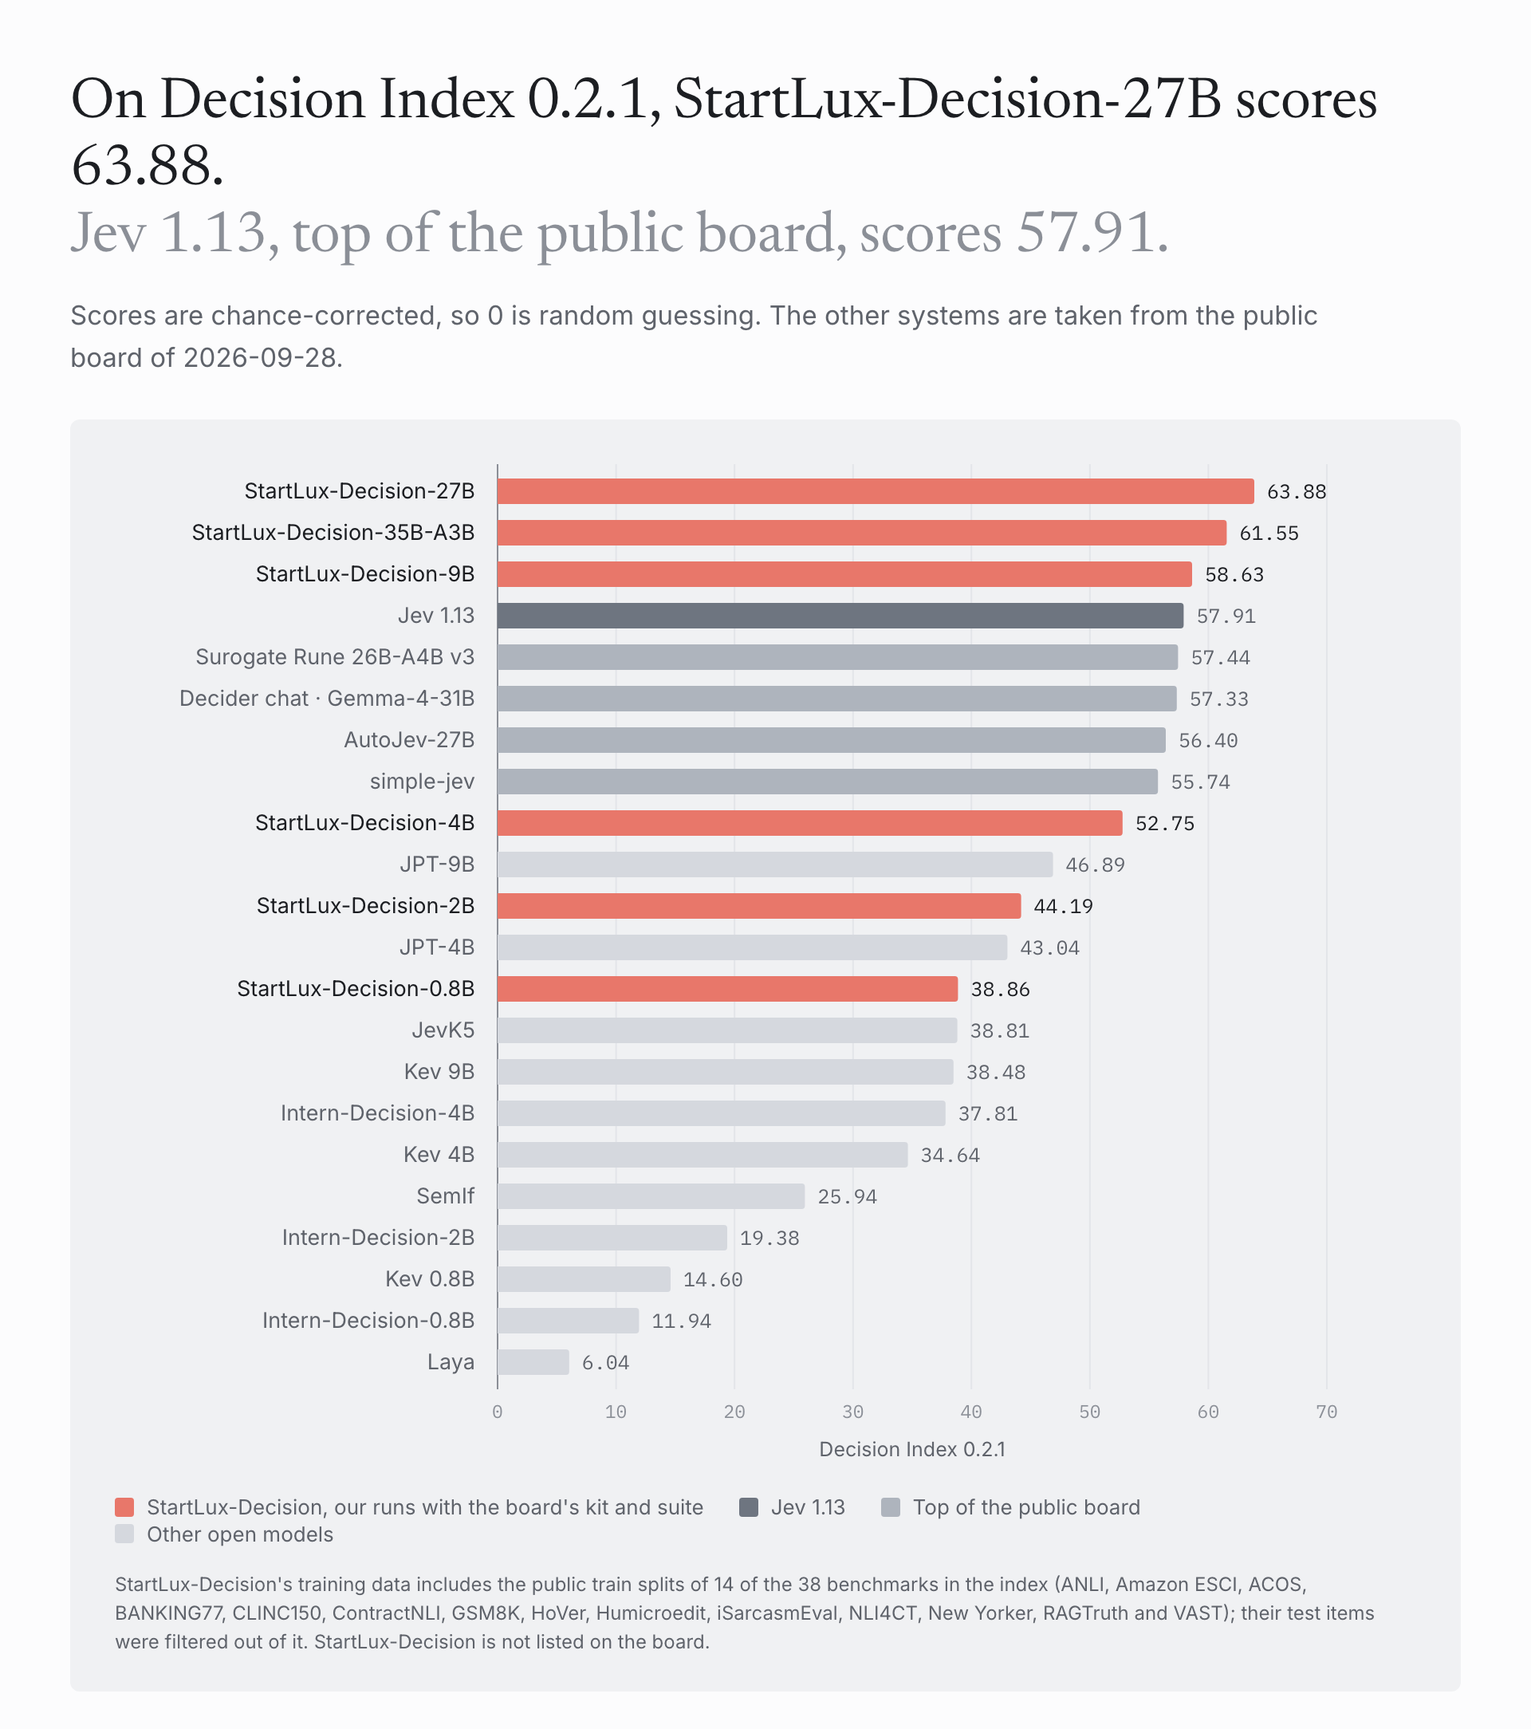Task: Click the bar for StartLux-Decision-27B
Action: (876, 491)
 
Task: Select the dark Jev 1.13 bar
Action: (840, 616)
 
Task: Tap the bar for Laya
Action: (533, 1362)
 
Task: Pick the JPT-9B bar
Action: (775, 864)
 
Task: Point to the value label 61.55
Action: (1269, 533)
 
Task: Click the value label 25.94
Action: (848, 1196)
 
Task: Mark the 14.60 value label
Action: (713, 1279)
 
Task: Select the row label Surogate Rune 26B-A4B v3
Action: (335, 657)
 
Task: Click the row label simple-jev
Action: (422, 782)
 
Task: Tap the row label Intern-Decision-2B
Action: (378, 1238)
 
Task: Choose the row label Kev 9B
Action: (439, 1072)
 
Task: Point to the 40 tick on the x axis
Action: (971, 1412)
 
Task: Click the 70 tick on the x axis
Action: (1326, 1412)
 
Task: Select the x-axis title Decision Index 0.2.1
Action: (912, 1449)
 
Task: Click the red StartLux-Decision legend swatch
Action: (124, 1507)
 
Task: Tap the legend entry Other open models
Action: (239, 1534)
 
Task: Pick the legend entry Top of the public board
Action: (1026, 1507)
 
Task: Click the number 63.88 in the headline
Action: (148, 165)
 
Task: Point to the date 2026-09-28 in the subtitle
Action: (260, 358)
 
